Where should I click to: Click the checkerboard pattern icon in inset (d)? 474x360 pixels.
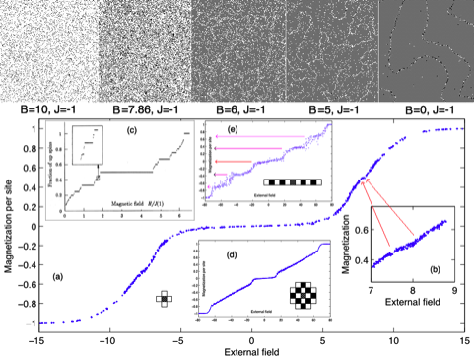click(301, 295)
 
